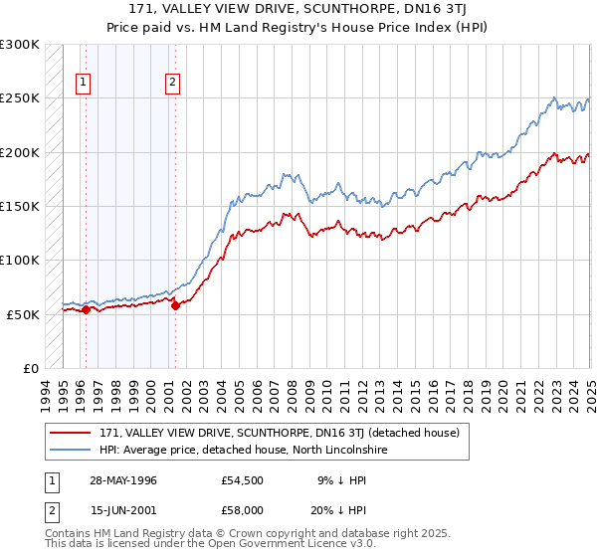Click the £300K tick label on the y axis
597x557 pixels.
20,45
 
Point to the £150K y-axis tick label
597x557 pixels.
20,206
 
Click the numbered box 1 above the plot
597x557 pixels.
82,83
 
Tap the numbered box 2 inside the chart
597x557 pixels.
172,83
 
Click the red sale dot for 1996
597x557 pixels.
86,309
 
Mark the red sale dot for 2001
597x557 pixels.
175,305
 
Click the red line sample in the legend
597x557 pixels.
71,434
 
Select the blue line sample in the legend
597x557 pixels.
71,451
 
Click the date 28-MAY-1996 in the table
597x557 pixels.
122,480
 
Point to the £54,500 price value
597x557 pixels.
243,480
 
